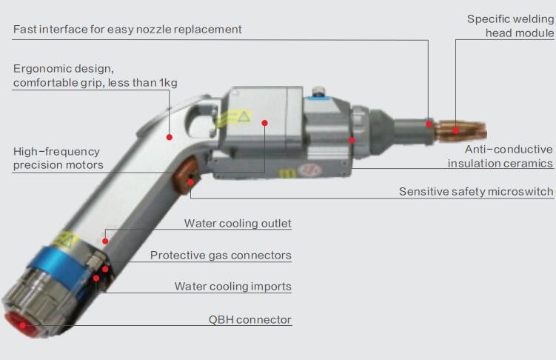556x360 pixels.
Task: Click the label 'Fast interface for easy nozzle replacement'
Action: pos(127,30)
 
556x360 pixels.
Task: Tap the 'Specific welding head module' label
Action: pos(510,26)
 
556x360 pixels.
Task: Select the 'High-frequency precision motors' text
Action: pos(58,158)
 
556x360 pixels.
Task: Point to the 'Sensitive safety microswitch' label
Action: pos(475,192)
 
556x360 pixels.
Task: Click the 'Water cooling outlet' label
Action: pos(238,224)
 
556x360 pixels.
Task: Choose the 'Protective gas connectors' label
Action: pos(221,256)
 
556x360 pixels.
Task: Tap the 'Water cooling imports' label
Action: pos(232,287)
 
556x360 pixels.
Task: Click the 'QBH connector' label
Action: pos(249,321)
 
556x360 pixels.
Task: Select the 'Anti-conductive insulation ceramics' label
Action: pos(500,156)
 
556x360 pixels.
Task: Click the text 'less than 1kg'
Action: pos(144,83)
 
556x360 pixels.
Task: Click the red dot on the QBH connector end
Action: pos(21,324)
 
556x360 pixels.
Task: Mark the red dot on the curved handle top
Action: pos(170,136)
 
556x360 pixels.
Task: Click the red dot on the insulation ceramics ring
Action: pos(352,139)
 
